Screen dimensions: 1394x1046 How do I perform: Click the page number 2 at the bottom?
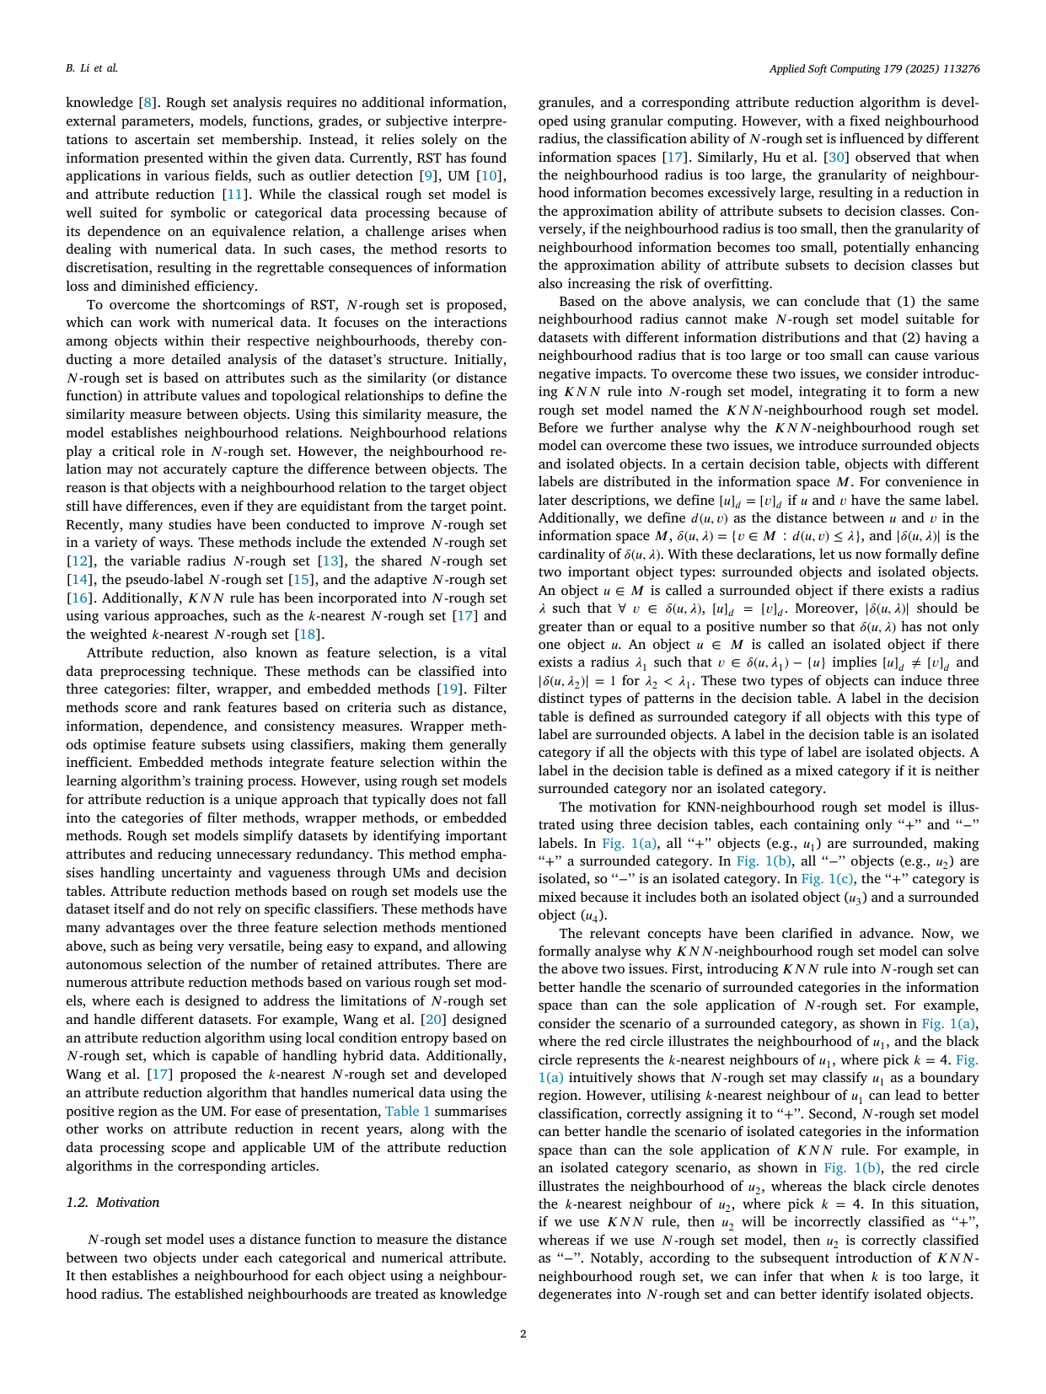point(523,1334)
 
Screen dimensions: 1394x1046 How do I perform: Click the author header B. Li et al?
point(92,67)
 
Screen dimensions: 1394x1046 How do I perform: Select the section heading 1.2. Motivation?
point(112,1202)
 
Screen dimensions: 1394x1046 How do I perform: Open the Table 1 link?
point(407,1112)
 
